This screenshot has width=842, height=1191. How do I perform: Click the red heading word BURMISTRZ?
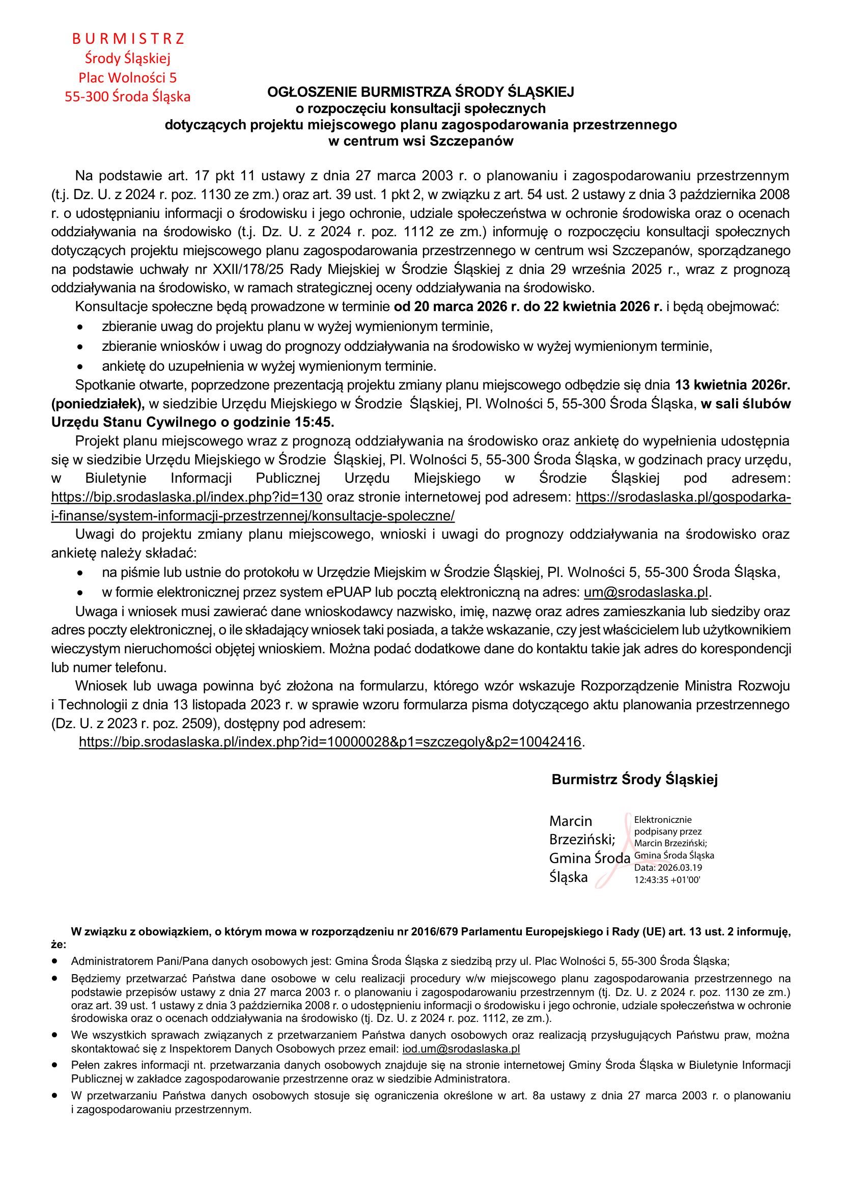(128, 39)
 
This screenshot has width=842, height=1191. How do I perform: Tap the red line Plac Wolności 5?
(128, 78)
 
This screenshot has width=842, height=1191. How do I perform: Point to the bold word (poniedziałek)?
(98, 404)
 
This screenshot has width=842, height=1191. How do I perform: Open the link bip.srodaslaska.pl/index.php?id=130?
(187, 497)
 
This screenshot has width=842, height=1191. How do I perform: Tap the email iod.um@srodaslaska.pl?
(461, 1049)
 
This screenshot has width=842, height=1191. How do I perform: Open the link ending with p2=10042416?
(330, 742)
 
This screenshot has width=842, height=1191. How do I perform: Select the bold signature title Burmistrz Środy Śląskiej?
(635, 780)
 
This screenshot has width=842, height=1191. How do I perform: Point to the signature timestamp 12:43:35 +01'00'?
(667, 880)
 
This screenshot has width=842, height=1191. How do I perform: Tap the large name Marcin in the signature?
(570, 821)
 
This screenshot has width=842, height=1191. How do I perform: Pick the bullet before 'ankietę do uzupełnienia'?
(80, 367)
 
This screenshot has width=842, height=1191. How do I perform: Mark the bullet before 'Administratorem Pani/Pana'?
(54, 961)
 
